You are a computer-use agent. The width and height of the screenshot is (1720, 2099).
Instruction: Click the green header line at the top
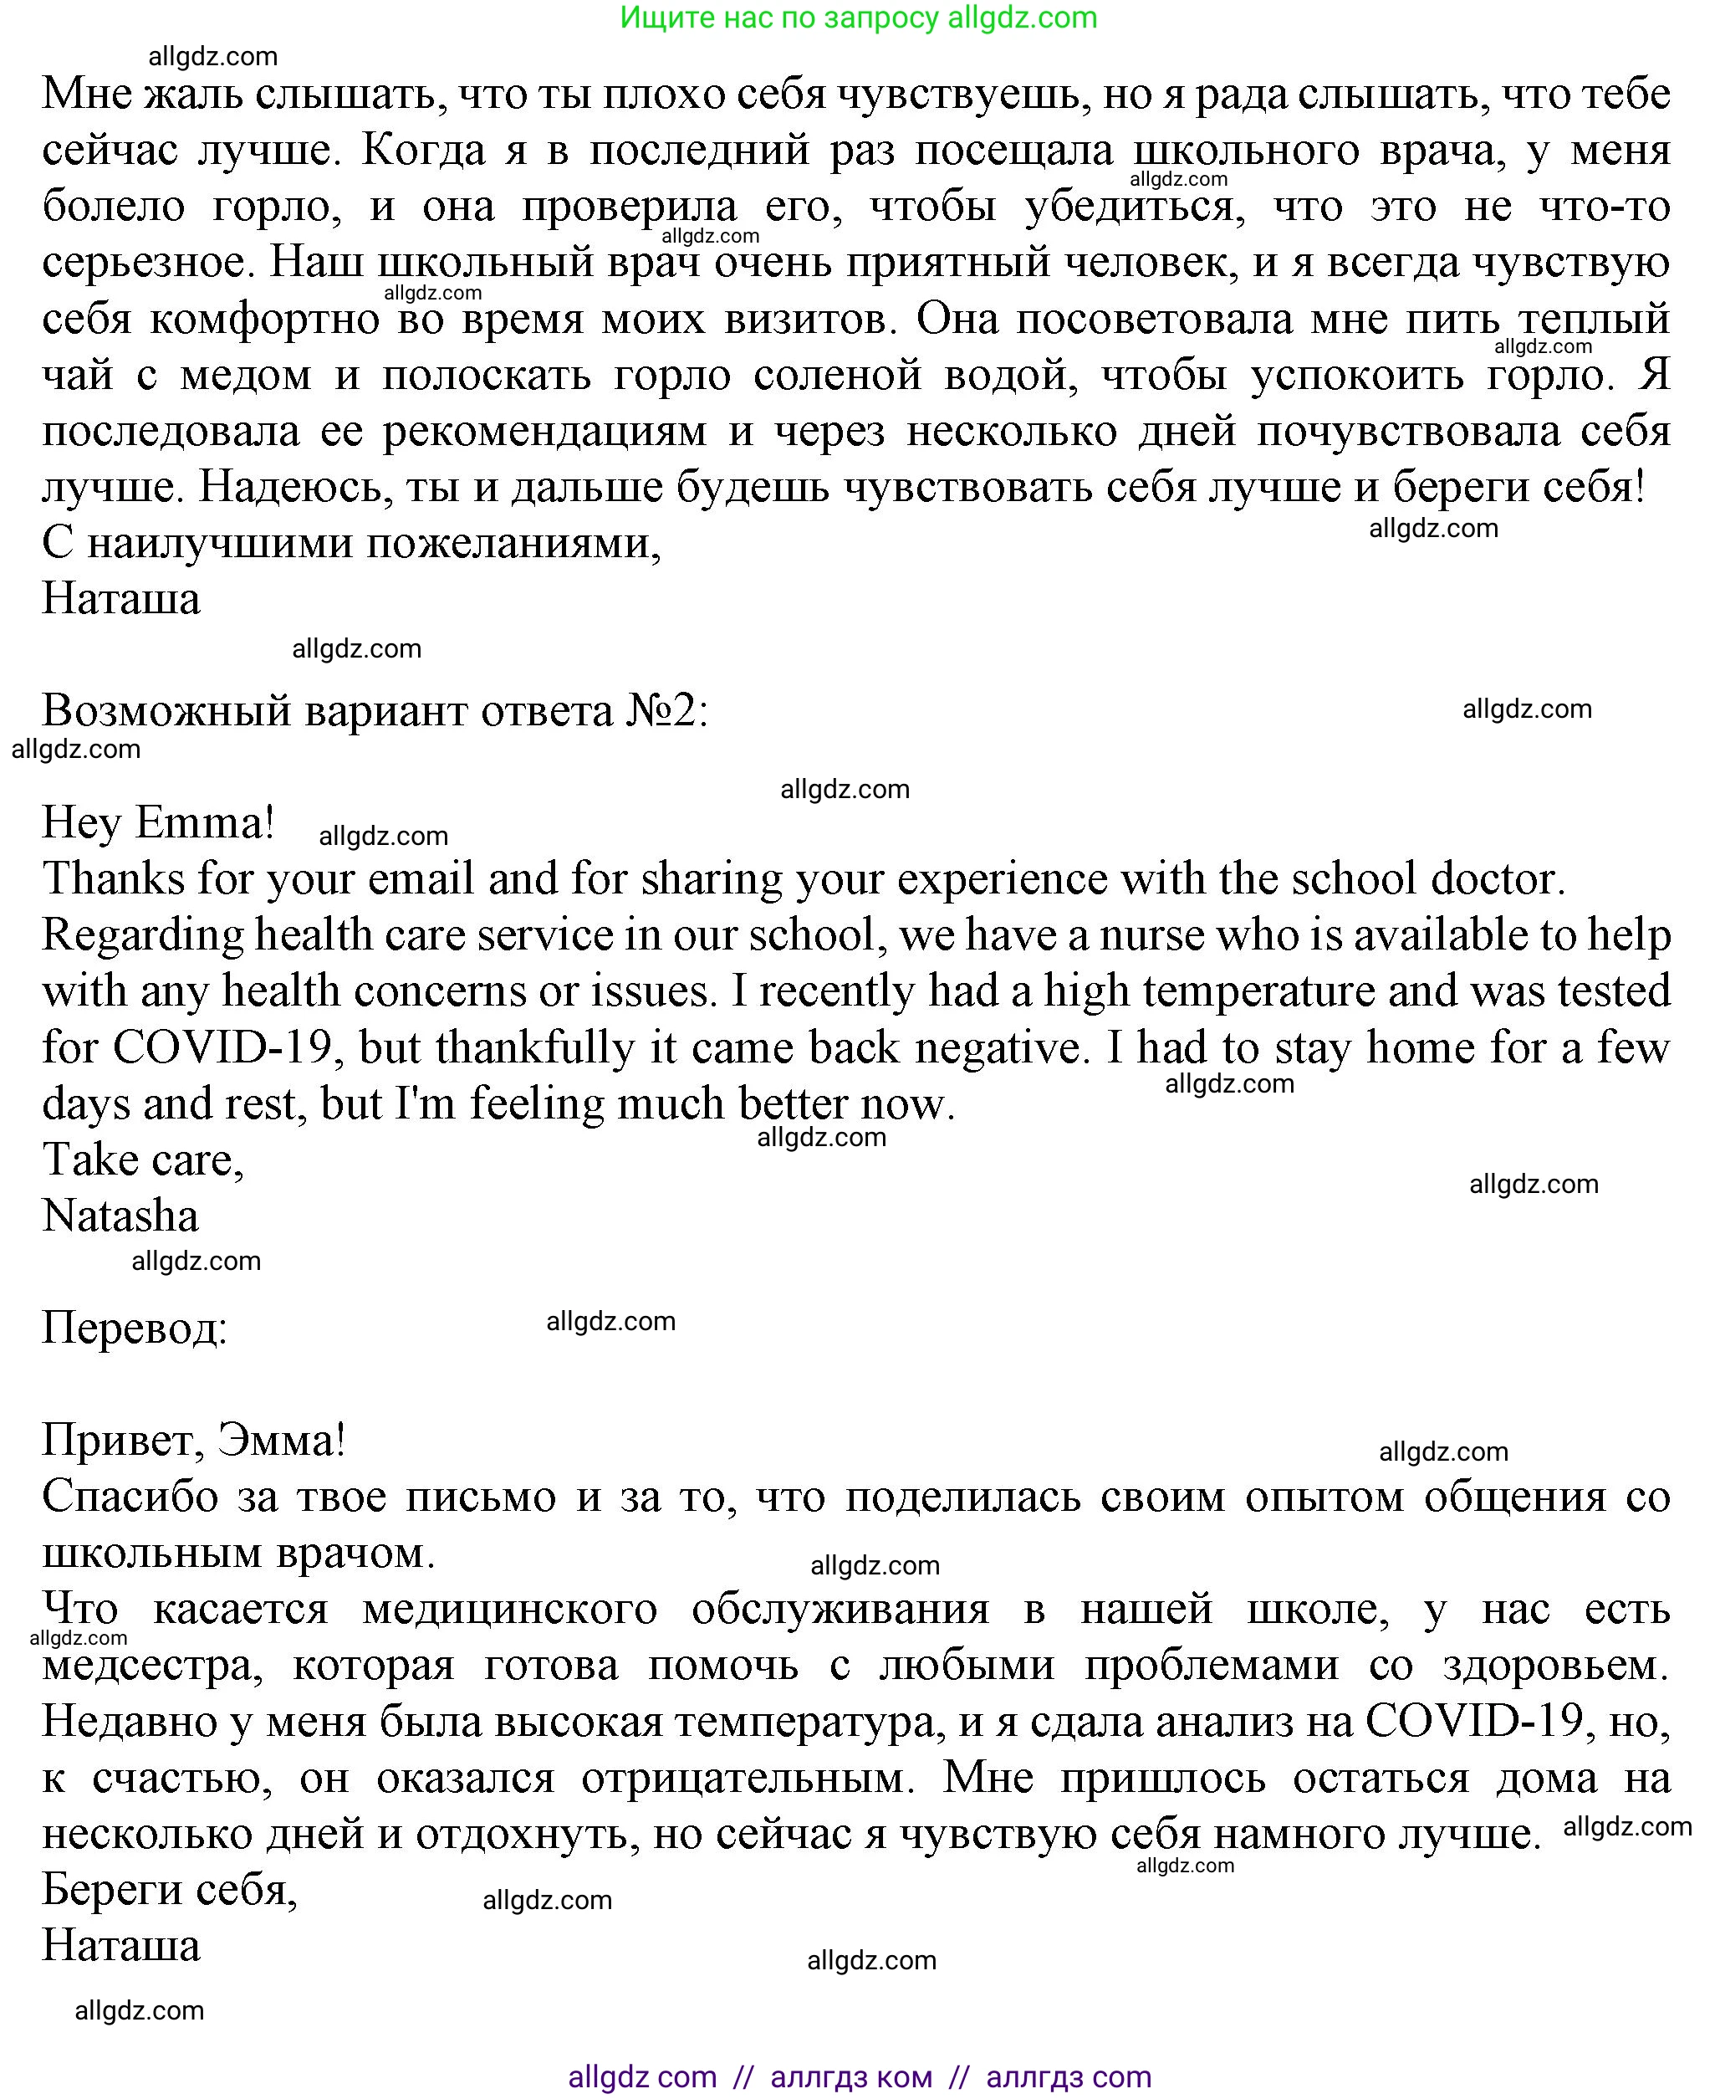click(858, 18)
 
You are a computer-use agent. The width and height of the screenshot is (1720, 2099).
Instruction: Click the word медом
click(245, 375)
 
